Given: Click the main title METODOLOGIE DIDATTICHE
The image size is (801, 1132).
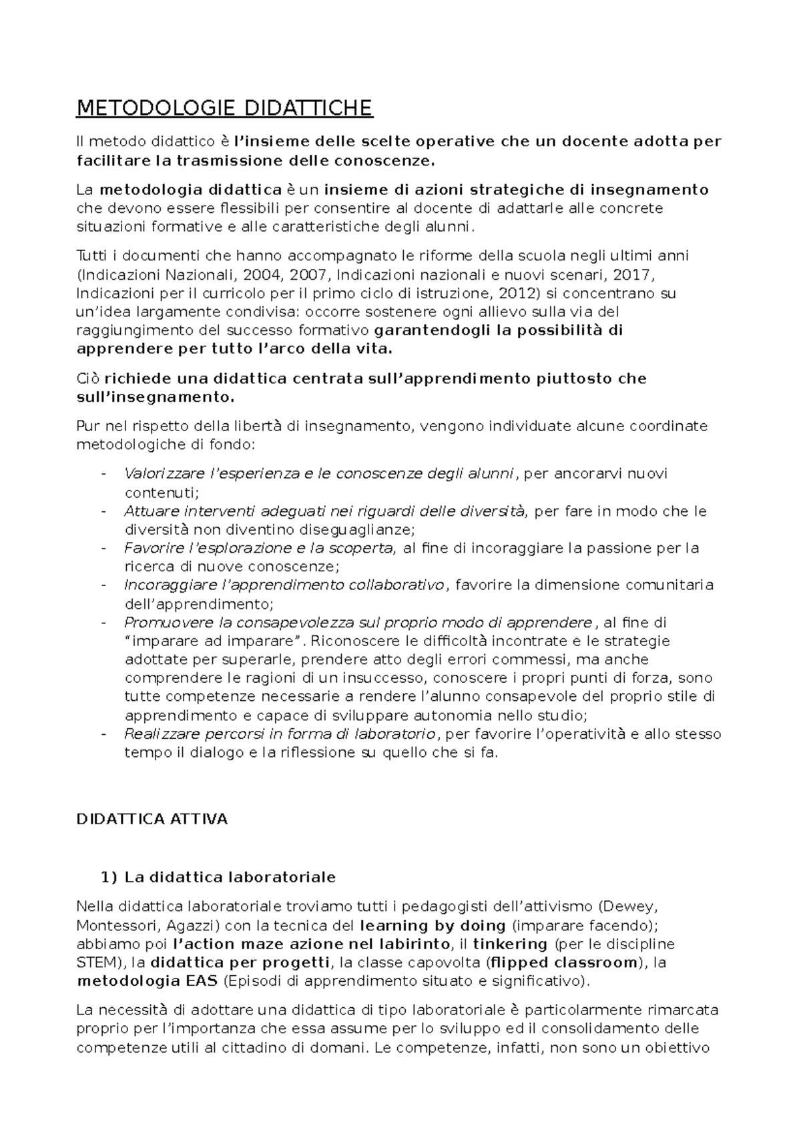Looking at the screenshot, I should pos(224,108).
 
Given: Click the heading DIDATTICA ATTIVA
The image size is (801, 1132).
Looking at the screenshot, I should pos(152,819).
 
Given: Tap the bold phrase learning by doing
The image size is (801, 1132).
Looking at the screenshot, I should pos(433,926).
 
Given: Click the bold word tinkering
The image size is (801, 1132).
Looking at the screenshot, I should pos(510,944).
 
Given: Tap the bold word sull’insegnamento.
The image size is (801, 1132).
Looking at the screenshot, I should pos(156,397).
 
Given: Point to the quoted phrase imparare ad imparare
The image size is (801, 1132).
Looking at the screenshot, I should pos(214,641).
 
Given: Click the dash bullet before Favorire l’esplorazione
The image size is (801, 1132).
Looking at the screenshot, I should pos(103,549).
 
